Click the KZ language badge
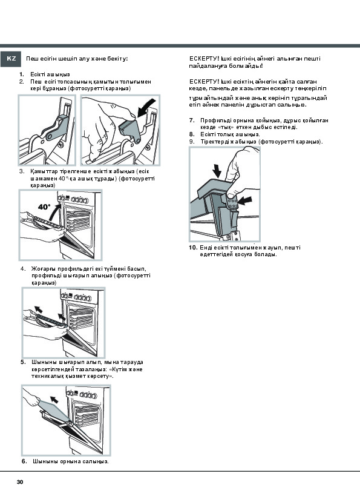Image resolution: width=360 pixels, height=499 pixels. pyautogui.click(x=10, y=59)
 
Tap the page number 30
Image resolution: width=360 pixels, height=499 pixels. pyautogui.click(x=20, y=482)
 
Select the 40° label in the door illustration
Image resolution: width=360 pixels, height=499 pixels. pyautogui.click(x=44, y=207)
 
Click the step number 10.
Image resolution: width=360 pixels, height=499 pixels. pyautogui.click(x=193, y=248)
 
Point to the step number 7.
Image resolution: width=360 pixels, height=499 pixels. pyautogui.click(x=192, y=121)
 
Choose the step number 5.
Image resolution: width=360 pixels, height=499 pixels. pyautogui.click(x=23, y=362)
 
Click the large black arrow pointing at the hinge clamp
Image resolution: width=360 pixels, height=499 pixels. pyautogui.click(x=147, y=107)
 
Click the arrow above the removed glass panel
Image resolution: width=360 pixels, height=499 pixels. pyautogui.click(x=54, y=400)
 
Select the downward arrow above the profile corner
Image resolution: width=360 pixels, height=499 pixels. pyautogui.click(x=217, y=171)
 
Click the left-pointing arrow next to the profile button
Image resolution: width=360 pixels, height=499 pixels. pyautogui.click(x=244, y=200)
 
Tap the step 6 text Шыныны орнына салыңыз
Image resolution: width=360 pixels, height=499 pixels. pyautogui.click(x=71, y=461)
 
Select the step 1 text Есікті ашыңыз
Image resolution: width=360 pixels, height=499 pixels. pyautogui.click(x=50, y=74)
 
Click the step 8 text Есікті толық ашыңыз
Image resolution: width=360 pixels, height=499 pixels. pyautogui.click(x=230, y=134)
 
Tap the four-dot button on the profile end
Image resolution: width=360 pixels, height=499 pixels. pyautogui.click(x=232, y=202)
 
